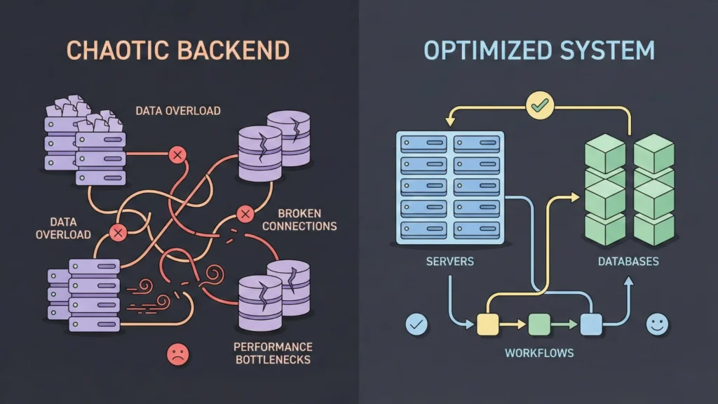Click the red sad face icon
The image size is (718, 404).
(x=177, y=355)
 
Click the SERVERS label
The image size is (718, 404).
(x=450, y=262)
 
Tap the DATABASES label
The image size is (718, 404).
(x=628, y=262)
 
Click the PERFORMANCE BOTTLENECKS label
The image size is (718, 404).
(x=273, y=353)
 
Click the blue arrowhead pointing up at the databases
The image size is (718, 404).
(x=628, y=281)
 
